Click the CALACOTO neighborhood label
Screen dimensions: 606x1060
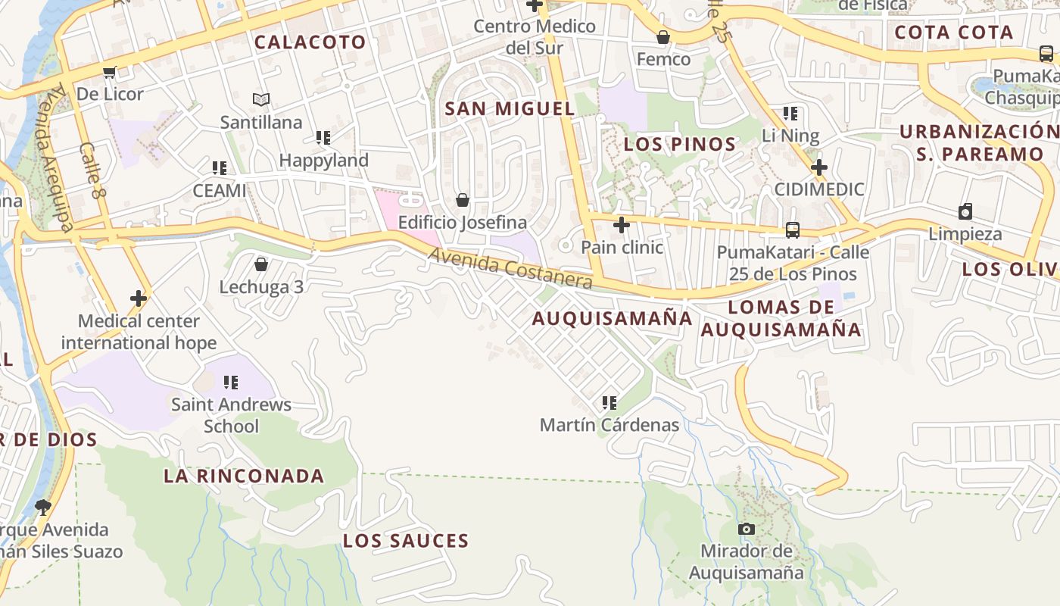click(x=310, y=42)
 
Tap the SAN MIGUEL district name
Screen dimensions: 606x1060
click(x=510, y=108)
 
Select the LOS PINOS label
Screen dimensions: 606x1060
click(x=680, y=144)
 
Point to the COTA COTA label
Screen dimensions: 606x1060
click(x=953, y=33)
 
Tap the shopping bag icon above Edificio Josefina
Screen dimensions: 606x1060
click(x=463, y=200)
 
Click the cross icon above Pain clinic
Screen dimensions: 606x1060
click(x=622, y=225)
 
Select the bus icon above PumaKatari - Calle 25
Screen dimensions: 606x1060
click(x=793, y=230)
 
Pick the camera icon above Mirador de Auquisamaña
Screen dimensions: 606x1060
click(x=747, y=529)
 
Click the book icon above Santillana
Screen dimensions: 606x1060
click(x=261, y=99)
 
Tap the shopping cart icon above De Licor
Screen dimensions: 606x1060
click(x=110, y=72)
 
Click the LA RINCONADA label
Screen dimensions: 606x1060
click(x=244, y=476)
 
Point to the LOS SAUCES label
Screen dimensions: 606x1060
click(x=406, y=541)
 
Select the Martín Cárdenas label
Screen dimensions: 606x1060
click(x=609, y=425)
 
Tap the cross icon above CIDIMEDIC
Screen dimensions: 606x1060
click(x=818, y=167)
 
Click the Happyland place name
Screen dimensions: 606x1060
click(x=323, y=161)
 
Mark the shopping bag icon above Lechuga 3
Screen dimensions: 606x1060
click(x=261, y=264)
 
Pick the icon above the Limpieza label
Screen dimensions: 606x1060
click(x=965, y=211)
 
